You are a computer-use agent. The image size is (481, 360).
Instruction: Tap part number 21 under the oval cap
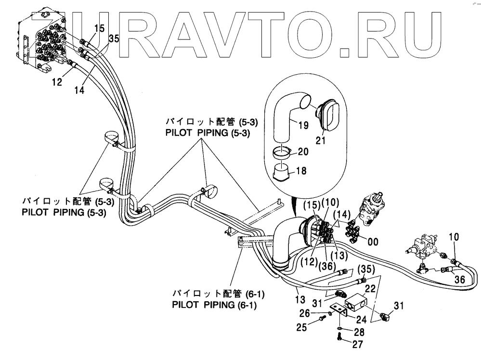tap(321, 141)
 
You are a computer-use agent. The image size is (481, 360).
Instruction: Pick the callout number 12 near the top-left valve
tap(57, 82)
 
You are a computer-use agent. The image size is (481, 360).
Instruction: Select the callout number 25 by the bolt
tap(301, 328)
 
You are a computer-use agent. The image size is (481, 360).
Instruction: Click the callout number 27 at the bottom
tap(357, 344)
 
